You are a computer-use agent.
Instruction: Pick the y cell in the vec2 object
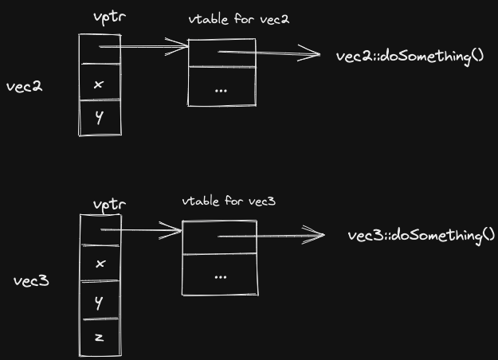point(100,118)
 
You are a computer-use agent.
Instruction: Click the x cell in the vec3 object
point(100,263)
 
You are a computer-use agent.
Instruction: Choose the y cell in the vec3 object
point(100,302)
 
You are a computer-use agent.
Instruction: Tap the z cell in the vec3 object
point(100,337)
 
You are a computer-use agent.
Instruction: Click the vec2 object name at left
point(24,86)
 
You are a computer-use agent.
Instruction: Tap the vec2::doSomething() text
point(411,57)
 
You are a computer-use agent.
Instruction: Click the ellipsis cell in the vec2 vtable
point(221,88)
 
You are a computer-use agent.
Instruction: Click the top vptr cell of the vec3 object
point(100,230)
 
